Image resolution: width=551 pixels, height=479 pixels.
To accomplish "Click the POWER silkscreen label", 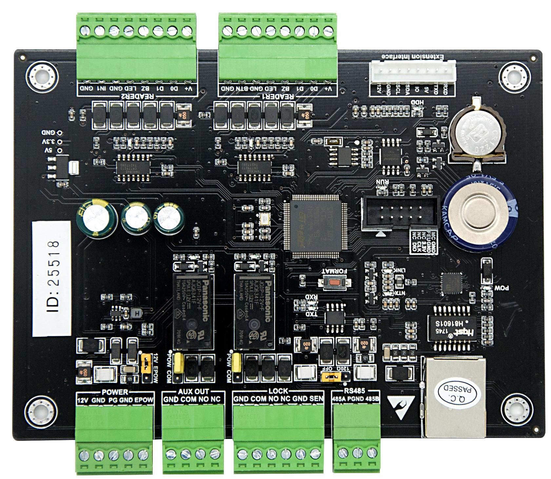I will (115, 392).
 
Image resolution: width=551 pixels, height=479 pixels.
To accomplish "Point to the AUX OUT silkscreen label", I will (193, 392).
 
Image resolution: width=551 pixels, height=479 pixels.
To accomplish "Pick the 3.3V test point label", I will (48, 142).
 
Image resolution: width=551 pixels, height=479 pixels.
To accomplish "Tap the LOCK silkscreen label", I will (278, 391).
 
